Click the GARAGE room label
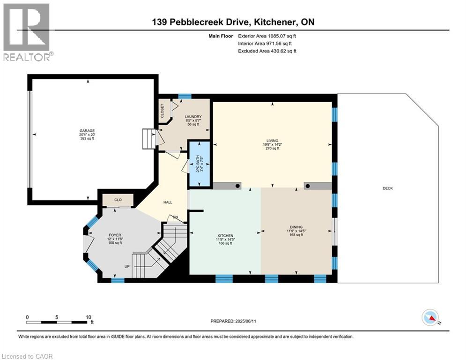click(87, 131)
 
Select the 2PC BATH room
click(199, 164)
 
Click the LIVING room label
click(272, 141)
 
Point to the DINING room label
click(296, 227)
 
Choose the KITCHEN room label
click(225, 235)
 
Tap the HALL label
click(168, 202)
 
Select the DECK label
click(387, 188)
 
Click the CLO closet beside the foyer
click(118, 200)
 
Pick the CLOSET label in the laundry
click(163, 112)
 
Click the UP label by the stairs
click(126, 266)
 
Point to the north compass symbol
click(430, 317)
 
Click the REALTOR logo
click(27, 32)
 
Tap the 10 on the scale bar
click(88, 317)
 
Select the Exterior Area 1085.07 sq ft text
click(267, 36)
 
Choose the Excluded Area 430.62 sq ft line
click(267, 51)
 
